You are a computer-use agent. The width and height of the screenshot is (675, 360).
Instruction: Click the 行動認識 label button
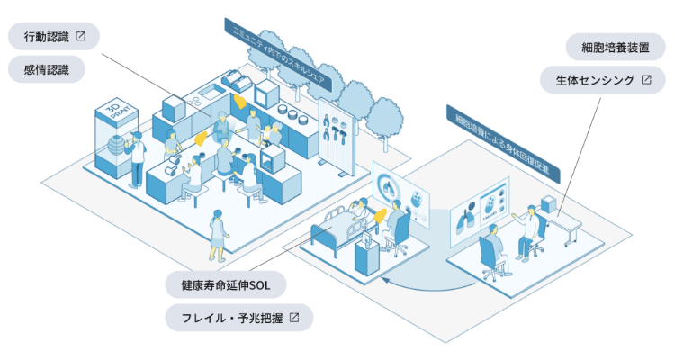(x=54, y=37)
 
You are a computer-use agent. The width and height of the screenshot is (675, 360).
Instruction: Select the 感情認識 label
(x=47, y=69)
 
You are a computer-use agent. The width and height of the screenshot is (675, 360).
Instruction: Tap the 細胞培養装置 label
(x=616, y=48)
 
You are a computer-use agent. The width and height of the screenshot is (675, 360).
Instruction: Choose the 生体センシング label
(x=603, y=80)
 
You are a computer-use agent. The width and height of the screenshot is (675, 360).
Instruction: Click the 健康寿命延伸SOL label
(x=226, y=284)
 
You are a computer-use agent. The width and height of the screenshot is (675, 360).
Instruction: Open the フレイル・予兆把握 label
(x=238, y=318)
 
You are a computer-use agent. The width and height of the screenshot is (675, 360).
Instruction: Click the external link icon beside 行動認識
(x=80, y=36)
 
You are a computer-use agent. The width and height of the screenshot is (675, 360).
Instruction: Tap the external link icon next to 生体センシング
(x=646, y=80)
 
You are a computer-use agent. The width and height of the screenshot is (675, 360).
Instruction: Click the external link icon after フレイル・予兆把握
(x=294, y=318)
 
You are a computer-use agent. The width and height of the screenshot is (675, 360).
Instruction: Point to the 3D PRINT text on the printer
(x=117, y=110)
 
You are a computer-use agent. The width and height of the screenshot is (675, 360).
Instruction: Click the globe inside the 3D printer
(x=116, y=146)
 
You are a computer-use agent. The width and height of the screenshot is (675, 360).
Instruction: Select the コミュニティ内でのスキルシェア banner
(x=278, y=54)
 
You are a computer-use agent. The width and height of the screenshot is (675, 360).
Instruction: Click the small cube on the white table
(x=549, y=203)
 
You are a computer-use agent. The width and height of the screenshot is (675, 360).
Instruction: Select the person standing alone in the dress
(x=218, y=236)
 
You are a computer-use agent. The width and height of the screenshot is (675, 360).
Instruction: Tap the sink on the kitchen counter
(x=212, y=91)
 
